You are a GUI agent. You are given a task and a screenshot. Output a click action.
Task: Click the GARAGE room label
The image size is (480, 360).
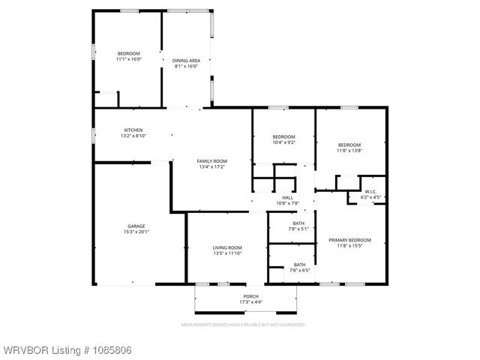pyautogui.click(x=136, y=226)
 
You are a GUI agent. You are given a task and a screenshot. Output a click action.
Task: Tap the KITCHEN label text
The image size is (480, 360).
pyautogui.click(x=133, y=130)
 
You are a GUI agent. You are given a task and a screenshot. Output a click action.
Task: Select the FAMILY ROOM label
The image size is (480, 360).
pyautogui.click(x=211, y=161)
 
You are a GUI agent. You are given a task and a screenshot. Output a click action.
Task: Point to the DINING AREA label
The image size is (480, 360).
pyautogui.click(x=185, y=60)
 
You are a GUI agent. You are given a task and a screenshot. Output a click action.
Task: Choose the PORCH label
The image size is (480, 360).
pyautogui.click(x=250, y=296)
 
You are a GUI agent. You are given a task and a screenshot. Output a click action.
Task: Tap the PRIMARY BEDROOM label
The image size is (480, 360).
pyautogui.click(x=349, y=240)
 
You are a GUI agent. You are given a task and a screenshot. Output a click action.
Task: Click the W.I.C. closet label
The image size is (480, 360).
pyautogui.click(x=370, y=191)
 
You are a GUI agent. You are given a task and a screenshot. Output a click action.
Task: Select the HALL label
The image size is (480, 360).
pyautogui.click(x=287, y=197)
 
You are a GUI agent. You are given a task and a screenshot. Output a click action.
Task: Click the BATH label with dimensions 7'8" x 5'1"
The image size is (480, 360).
pyautogui.click(x=298, y=229)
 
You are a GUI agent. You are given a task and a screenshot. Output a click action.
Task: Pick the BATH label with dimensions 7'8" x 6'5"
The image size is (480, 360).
pyautogui.click(x=298, y=269)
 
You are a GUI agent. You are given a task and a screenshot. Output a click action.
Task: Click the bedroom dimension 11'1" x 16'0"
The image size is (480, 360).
pyautogui.click(x=129, y=59)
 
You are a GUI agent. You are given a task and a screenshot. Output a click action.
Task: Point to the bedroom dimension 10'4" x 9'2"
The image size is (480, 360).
pyautogui.click(x=283, y=142)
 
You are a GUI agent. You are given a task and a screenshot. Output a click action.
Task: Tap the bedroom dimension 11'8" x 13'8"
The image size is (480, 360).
pyautogui.click(x=349, y=151)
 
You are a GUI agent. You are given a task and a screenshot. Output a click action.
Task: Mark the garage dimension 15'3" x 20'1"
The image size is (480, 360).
pyautogui.click(x=136, y=232)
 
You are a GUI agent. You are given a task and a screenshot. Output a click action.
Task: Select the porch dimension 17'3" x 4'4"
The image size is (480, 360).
pyautogui.click(x=250, y=302)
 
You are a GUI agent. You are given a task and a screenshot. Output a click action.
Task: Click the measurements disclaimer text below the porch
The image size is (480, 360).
pyautogui.click(x=242, y=325)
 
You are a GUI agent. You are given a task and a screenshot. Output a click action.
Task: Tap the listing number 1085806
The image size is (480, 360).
pyautogui.click(x=105, y=350)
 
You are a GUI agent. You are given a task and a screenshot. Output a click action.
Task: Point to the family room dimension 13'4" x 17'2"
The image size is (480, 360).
pyautogui.click(x=211, y=167)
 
